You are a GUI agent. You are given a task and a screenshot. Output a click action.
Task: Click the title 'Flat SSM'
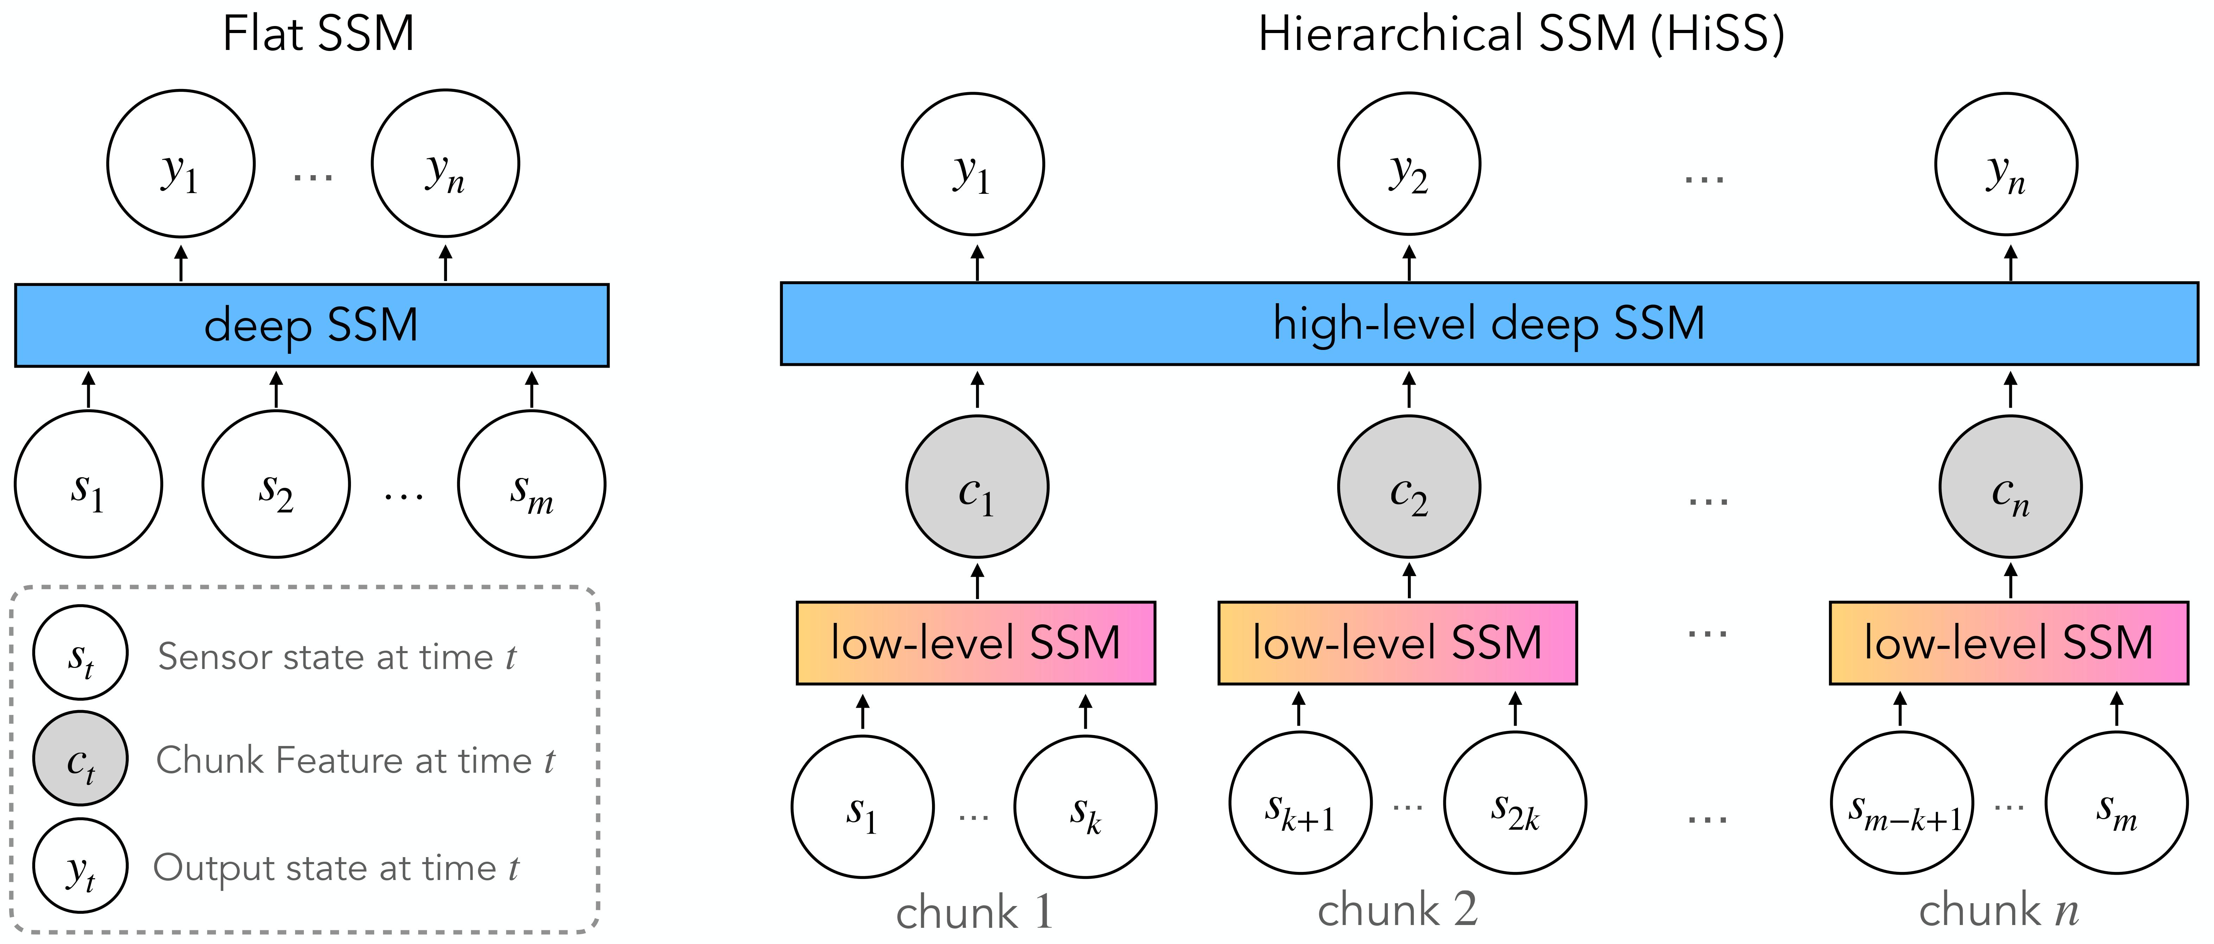click(x=318, y=34)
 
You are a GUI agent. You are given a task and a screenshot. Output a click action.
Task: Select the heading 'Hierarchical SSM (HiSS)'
click(x=1521, y=34)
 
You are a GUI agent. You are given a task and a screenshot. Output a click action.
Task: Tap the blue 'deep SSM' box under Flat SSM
click(x=311, y=325)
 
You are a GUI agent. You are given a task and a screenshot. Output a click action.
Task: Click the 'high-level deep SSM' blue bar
click(x=1489, y=323)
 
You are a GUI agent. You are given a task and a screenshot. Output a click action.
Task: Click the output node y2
click(x=1409, y=163)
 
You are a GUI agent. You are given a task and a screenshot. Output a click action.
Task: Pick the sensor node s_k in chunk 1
click(x=1085, y=806)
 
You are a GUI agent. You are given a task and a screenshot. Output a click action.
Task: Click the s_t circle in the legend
click(x=81, y=653)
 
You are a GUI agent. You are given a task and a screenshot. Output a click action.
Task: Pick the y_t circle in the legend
click(x=81, y=866)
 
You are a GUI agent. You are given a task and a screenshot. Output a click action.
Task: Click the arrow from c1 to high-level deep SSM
click(x=977, y=389)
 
